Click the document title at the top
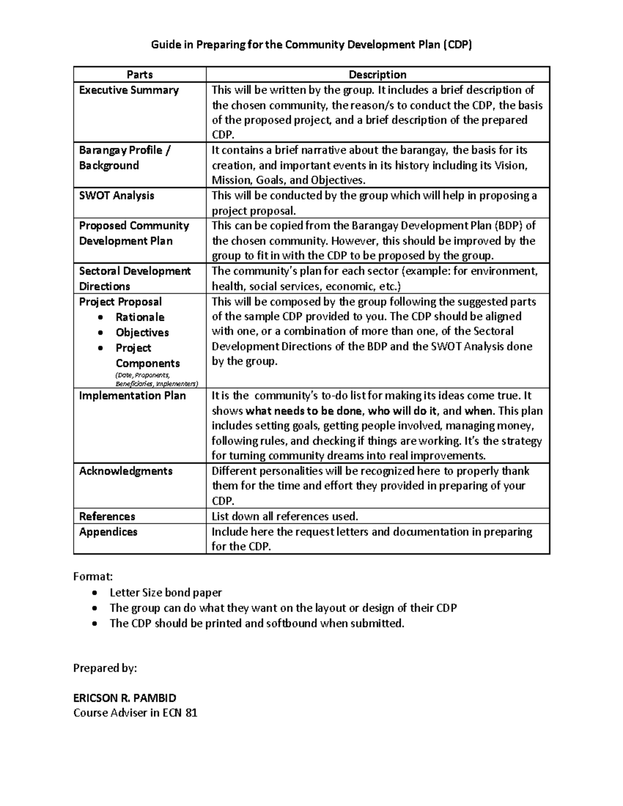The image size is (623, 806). tap(311, 45)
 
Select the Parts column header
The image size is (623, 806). tap(140, 75)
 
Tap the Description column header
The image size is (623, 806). tap(377, 75)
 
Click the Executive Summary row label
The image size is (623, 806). tap(129, 90)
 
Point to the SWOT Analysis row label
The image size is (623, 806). tap(116, 196)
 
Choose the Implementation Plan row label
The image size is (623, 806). tap(132, 395)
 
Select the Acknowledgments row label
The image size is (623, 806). tap(126, 471)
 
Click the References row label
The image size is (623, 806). tap(107, 516)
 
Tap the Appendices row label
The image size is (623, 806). tap(108, 532)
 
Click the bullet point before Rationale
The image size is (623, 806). tap(101, 318)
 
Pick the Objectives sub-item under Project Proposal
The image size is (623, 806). tap(142, 333)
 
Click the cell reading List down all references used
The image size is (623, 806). tap(285, 516)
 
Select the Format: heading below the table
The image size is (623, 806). tap(93, 577)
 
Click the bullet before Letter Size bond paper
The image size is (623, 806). tap(93, 593)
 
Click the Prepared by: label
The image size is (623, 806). tap(105, 668)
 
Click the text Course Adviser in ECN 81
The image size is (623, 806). tap(135, 713)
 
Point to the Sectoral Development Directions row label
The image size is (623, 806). tap(134, 279)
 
